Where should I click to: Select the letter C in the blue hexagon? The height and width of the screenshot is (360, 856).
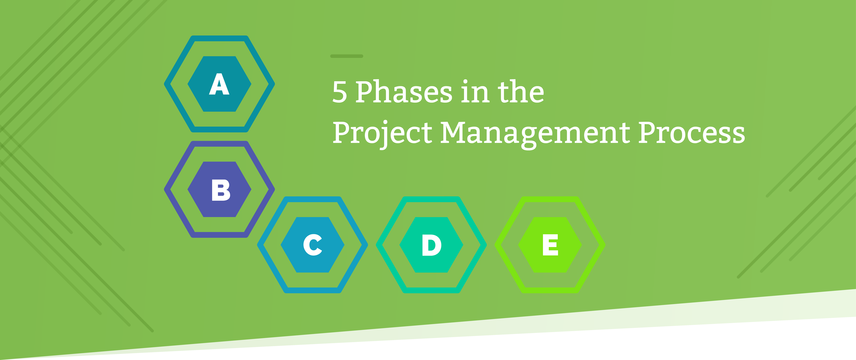[312, 245]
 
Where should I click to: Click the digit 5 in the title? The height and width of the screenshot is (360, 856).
[340, 92]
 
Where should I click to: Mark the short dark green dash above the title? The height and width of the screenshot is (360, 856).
[347, 56]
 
